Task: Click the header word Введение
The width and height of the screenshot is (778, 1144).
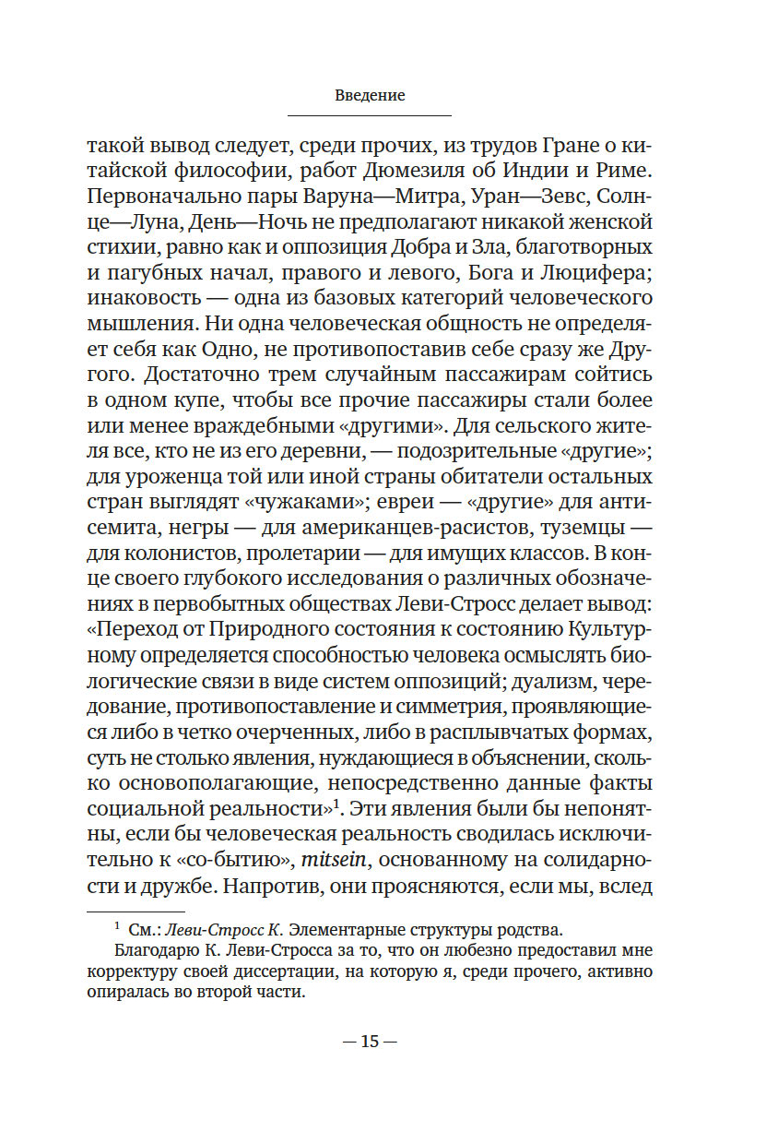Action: (x=370, y=95)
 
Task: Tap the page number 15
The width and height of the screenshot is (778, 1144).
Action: (x=370, y=1041)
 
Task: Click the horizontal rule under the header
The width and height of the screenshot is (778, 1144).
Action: (x=370, y=115)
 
